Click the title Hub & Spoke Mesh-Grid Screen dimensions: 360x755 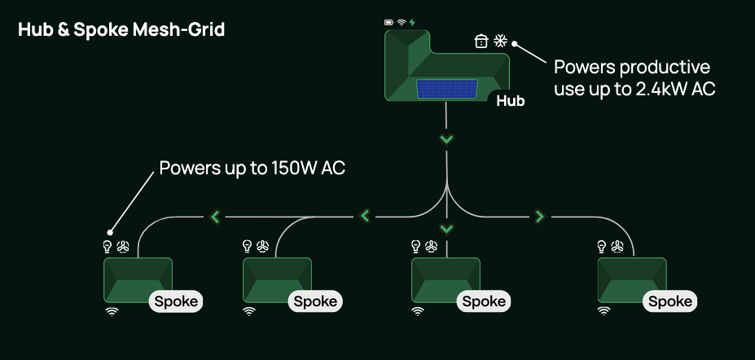tap(121, 30)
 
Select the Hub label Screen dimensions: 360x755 tap(511, 102)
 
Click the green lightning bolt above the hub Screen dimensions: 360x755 tap(413, 22)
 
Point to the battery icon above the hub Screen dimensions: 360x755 tap(389, 22)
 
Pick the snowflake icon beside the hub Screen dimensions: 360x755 tap(500, 40)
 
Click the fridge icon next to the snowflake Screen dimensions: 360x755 tap(481, 41)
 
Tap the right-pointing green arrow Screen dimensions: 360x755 tap(539, 216)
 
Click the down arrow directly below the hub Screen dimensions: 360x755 tap(446, 139)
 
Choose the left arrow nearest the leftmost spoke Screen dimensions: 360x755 tap(215, 217)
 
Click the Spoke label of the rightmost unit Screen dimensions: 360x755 tap(671, 301)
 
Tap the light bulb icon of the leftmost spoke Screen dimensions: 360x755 tap(106, 246)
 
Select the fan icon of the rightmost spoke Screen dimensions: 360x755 tap(618, 246)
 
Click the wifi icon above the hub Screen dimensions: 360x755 tap(402, 22)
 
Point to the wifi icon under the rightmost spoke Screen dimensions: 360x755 tap(604, 310)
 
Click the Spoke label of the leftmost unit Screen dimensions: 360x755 tap(175, 301)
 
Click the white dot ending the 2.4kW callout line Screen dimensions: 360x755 tap(516, 46)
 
